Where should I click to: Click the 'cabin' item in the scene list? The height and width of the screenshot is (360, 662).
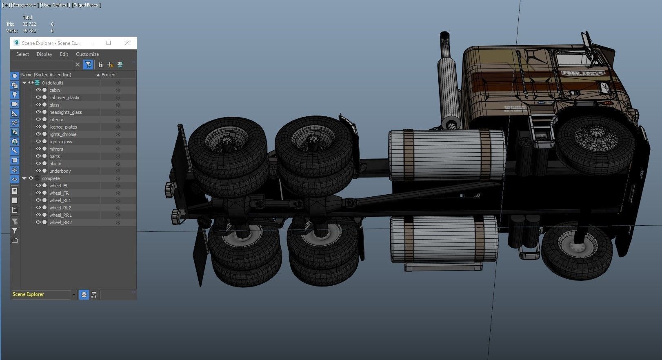pyautogui.click(x=54, y=90)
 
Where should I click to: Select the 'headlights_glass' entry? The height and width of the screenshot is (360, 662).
pyautogui.click(x=65, y=112)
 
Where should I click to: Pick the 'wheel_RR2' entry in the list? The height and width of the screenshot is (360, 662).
pyautogui.click(x=60, y=222)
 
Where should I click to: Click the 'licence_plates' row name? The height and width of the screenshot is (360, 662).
pyautogui.click(x=63, y=127)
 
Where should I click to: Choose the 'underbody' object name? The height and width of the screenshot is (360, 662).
pyautogui.click(x=60, y=171)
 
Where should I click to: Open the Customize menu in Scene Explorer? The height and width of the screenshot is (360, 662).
pyautogui.click(x=87, y=54)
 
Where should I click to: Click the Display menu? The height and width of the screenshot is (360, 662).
pyautogui.click(x=44, y=54)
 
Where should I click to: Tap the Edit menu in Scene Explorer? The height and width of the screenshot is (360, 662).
pyautogui.click(x=64, y=54)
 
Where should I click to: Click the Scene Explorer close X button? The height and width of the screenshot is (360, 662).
pyautogui.click(x=127, y=43)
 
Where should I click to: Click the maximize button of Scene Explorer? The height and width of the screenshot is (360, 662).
pyautogui.click(x=109, y=43)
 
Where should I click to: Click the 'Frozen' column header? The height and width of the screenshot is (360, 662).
pyautogui.click(x=109, y=75)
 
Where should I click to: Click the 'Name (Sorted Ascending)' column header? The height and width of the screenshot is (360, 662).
pyautogui.click(x=46, y=75)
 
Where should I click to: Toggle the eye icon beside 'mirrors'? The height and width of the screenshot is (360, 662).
pyautogui.click(x=38, y=149)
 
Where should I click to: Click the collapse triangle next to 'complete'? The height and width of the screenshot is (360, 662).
pyautogui.click(x=24, y=178)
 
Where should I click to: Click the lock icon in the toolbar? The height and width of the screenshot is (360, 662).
pyautogui.click(x=100, y=64)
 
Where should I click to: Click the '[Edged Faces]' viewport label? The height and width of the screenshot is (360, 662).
pyautogui.click(x=86, y=5)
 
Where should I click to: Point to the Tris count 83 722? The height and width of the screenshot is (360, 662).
pyautogui.click(x=29, y=24)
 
